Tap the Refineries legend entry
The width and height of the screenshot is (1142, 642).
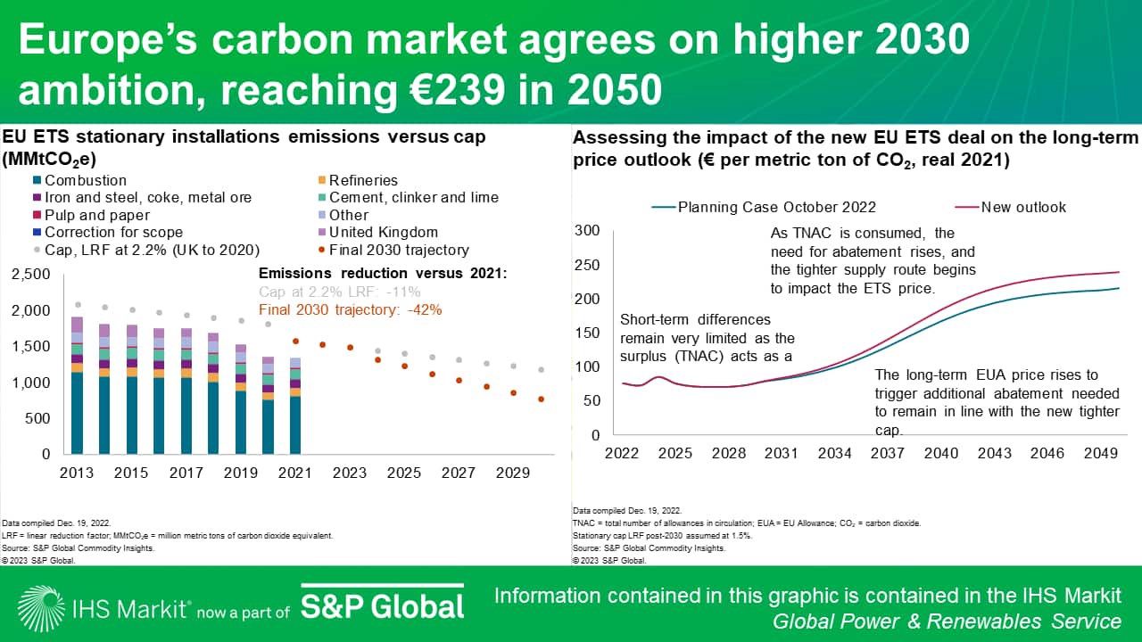coord(362,180)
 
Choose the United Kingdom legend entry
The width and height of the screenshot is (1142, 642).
coord(383,232)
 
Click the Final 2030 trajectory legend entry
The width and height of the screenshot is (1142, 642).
coord(398,250)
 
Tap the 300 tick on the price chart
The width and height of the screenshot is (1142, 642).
coord(588,231)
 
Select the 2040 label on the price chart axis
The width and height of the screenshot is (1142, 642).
coord(941,453)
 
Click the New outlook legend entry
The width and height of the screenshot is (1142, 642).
coord(1022,207)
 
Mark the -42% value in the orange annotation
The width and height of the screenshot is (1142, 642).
coord(424,309)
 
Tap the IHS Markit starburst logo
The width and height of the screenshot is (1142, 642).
coord(40,607)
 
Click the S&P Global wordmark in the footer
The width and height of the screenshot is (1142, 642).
coord(382,605)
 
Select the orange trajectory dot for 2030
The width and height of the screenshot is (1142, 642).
coord(542,399)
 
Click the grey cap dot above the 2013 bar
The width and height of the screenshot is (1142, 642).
coord(78,305)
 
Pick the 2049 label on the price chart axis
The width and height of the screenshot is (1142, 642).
coord(1100,453)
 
